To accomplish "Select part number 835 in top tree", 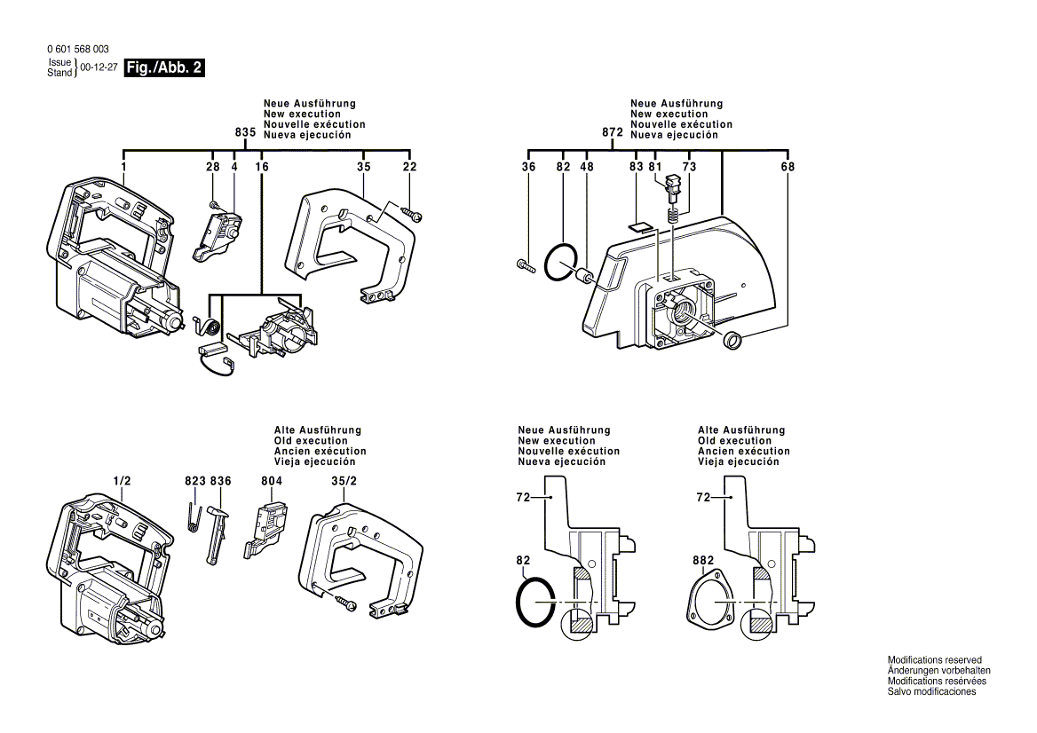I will coord(246,132).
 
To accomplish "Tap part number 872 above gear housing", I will coord(613,132).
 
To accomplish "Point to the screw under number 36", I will coord(523,264).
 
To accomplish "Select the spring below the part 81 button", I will coord(673,215).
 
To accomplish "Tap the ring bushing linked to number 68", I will coord(733,340).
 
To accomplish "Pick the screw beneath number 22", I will coord(413,213).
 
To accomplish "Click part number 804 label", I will coord(272,481).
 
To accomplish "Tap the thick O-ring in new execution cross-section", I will coord(535,603).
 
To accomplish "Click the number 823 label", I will coord(194,481).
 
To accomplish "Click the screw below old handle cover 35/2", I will coord(345,604).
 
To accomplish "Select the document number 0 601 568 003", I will coord(77,50).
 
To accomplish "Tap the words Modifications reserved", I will coord(934,660).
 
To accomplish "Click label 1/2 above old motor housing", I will coord(123,481).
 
